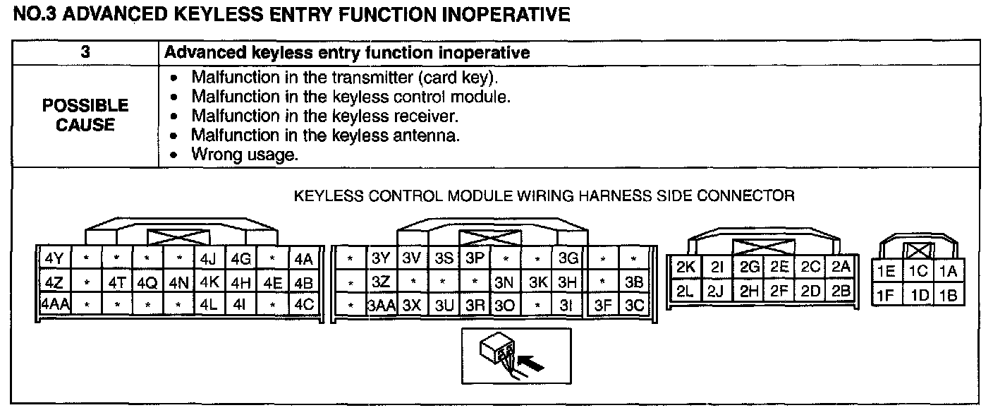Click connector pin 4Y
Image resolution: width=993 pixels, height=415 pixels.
pos(54,258)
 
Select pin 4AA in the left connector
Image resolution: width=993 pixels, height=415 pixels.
pos(54,306)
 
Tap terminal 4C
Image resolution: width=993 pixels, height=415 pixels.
pos(304,306)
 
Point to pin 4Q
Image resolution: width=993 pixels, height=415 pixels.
pos(147,282)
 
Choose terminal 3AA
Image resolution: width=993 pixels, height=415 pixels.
pos(381,306)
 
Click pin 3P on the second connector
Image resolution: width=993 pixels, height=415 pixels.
pos(474,258)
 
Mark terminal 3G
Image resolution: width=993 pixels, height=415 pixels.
pos(568,258)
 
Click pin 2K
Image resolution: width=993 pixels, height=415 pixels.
pos(686,267)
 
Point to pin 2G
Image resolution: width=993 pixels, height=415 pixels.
pos(750,267)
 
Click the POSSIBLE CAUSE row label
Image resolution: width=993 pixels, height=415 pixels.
pos(85,115)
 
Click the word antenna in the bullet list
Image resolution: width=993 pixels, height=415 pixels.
pos(430,136)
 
